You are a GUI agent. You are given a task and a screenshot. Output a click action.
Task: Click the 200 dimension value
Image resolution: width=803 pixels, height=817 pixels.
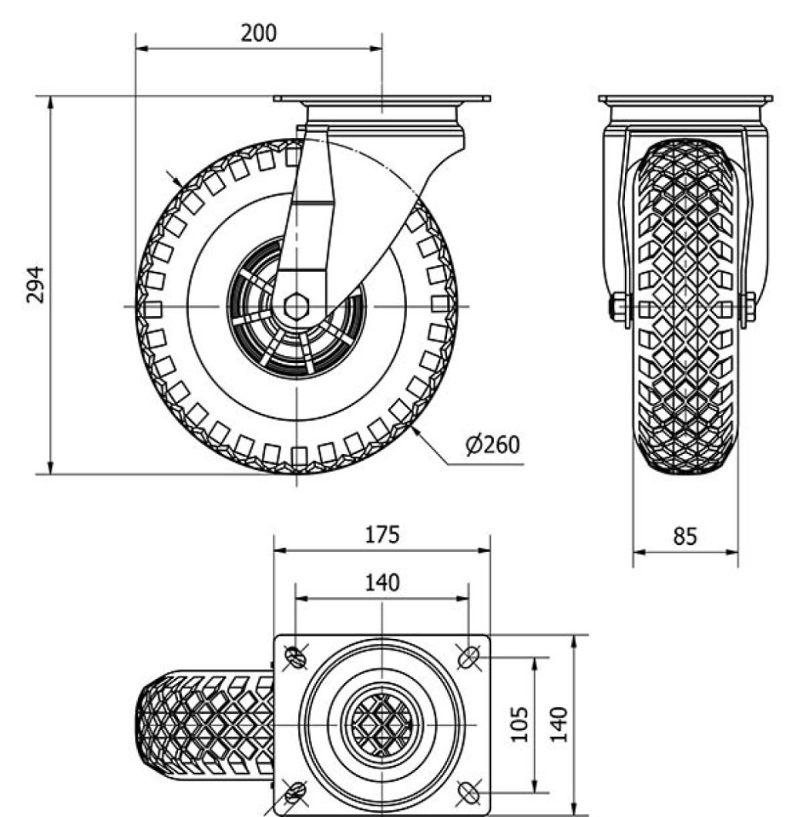coord(258,33)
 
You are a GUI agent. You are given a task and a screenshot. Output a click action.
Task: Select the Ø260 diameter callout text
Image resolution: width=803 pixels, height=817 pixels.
coord(492,445)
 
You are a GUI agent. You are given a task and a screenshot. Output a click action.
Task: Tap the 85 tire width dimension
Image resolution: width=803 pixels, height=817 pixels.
coord(684,536)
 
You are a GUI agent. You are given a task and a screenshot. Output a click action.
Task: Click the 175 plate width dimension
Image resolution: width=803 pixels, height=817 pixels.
coord(382,534)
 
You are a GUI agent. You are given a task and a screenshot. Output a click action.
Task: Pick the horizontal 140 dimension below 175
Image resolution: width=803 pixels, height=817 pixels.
coord(382,583)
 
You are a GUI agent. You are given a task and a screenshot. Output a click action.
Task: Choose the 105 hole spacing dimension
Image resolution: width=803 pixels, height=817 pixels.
coord(521,724)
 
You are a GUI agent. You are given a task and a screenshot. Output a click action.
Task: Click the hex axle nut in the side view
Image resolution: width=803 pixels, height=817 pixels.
coord(296,307)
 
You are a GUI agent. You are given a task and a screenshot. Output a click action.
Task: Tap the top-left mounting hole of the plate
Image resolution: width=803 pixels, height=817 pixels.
coord(296,657)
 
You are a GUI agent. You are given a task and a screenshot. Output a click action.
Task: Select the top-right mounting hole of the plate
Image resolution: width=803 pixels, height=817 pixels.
coord(469,657)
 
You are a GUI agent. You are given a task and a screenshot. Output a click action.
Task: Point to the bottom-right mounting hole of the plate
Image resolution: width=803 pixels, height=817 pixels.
coord(469,792)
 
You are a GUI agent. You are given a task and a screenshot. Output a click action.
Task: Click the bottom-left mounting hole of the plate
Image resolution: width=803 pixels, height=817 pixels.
coord(296,792)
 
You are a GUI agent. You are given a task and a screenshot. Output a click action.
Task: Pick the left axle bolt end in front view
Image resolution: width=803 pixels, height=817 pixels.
coord(618,308)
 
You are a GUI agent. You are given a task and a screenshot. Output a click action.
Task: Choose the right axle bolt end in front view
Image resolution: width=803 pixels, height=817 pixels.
coord(748,308)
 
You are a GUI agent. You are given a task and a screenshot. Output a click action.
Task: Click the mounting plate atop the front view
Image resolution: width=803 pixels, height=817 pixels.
coord(381,99)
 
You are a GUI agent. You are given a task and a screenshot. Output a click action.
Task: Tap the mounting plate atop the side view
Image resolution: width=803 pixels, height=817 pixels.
coord(685,99)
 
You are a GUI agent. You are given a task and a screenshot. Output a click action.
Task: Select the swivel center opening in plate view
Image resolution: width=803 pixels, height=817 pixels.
coord(381,725)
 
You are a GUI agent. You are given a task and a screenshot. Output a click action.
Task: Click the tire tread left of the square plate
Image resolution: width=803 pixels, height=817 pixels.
coord(204,725)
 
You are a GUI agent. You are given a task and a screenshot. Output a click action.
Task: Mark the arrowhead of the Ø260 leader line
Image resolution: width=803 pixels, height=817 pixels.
coord(415,431)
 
